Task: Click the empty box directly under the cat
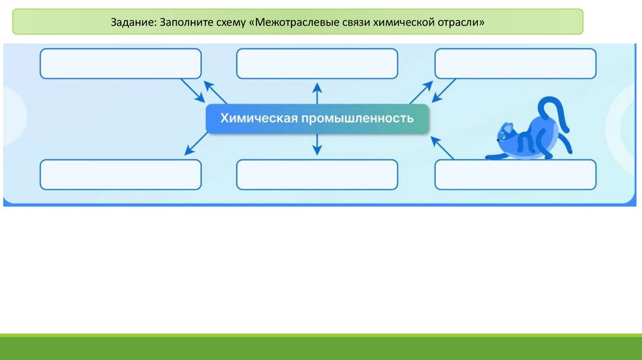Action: pos(515,174)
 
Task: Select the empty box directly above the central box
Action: pos(317,63)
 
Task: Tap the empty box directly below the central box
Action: pos(317,174)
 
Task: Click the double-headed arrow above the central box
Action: pos(317,93)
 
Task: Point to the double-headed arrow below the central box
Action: pos(317,145)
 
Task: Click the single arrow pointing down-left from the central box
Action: pos(196,144)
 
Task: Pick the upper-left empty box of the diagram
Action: pos(120,63)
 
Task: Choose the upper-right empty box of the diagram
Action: pos(515,63)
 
